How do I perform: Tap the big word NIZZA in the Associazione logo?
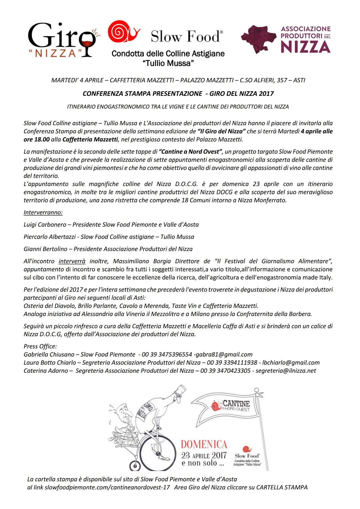pos(305,47)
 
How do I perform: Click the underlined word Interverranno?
pos(43,212)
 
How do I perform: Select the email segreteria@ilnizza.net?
pos(286,371)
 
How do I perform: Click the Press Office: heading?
pos(40,346)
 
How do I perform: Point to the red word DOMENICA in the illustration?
pos(204,444)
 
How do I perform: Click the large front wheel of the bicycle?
pos(157,453)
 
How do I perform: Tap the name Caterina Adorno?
pos(46,371)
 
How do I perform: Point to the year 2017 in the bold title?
pos(266,94)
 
